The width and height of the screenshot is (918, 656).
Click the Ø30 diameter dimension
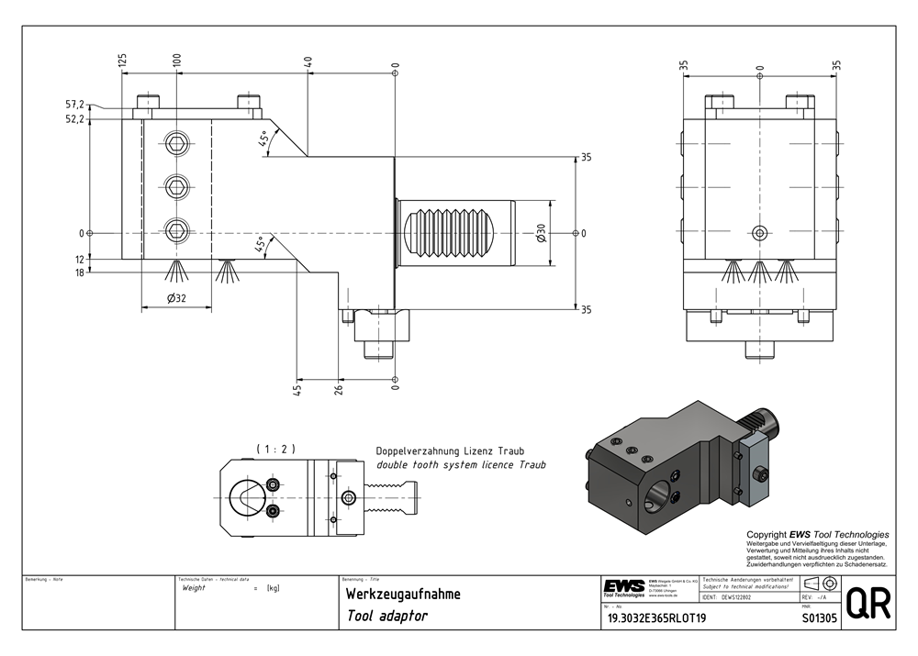542,233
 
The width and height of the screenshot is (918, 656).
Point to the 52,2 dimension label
101,119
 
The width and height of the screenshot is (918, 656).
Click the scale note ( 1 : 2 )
274,449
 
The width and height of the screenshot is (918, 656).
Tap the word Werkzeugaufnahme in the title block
403,595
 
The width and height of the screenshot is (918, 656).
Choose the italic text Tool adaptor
387,617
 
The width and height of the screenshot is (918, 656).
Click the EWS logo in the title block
624,586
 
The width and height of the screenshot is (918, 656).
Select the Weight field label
195,587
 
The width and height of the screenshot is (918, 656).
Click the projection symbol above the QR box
820,584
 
